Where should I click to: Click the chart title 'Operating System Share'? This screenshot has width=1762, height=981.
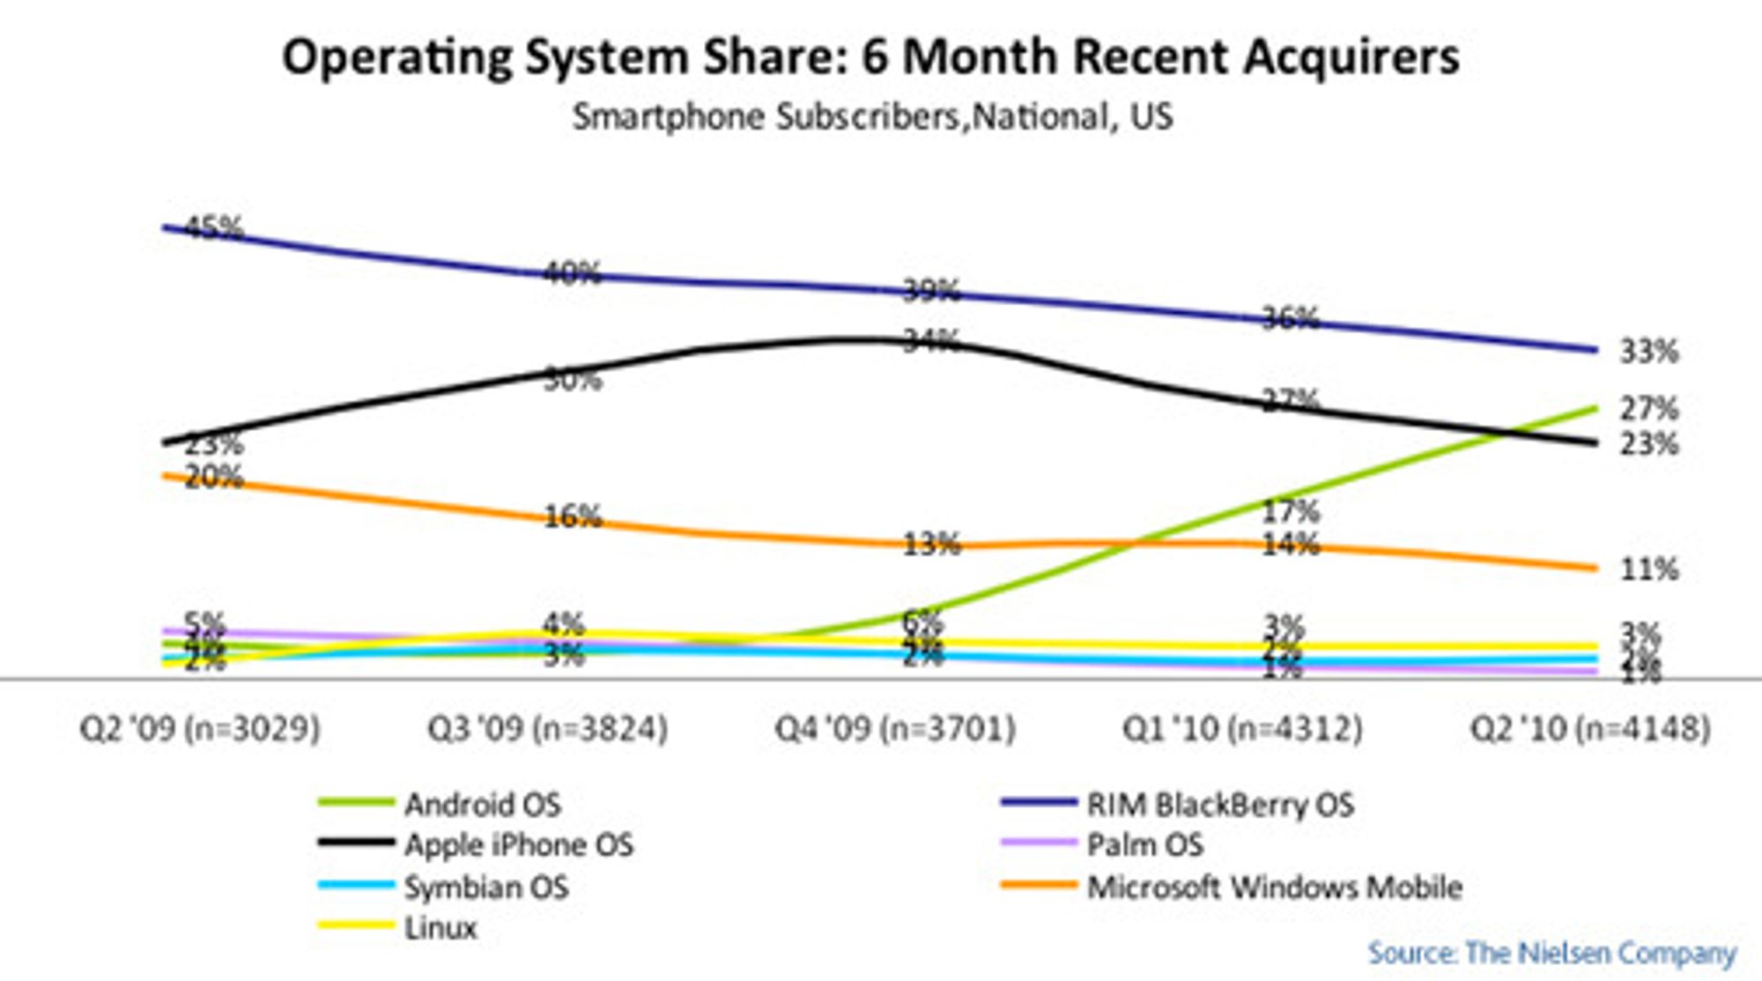tap(870, 56)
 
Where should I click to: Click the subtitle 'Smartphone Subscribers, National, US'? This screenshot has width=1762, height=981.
tap(872, 116)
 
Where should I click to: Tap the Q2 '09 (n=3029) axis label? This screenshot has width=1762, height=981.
tap(200, 728)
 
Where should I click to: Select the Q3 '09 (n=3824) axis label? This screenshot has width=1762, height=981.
tap(547, 728)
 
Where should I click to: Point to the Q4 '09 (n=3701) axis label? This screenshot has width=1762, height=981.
tap(895, 728)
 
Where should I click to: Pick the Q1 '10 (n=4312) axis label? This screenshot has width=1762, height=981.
tap(1242, 728)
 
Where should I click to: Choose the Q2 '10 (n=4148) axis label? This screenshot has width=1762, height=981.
tap(1590, 728)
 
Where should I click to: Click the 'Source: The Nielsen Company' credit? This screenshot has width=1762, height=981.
tap(1551, 952)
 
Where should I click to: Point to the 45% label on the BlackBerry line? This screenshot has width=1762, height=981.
tap(213, 228)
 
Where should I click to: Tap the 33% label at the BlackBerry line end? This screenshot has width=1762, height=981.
tap(1648, 352)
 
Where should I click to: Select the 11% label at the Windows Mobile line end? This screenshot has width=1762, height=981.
tap(1648, 569)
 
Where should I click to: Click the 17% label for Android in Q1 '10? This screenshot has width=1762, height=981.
tap(1290, 510)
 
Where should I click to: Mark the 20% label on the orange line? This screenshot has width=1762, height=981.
tap(214, 477)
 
